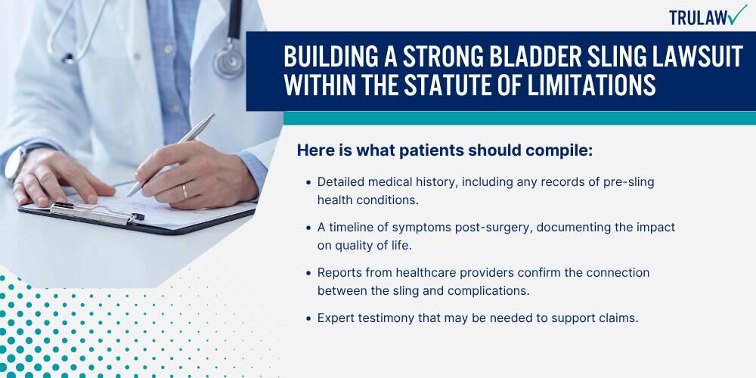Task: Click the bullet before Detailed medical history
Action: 308,183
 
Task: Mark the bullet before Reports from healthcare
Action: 308,273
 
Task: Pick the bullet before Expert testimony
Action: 308,319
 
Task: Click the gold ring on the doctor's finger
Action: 184,192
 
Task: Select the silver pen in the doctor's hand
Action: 171,155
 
